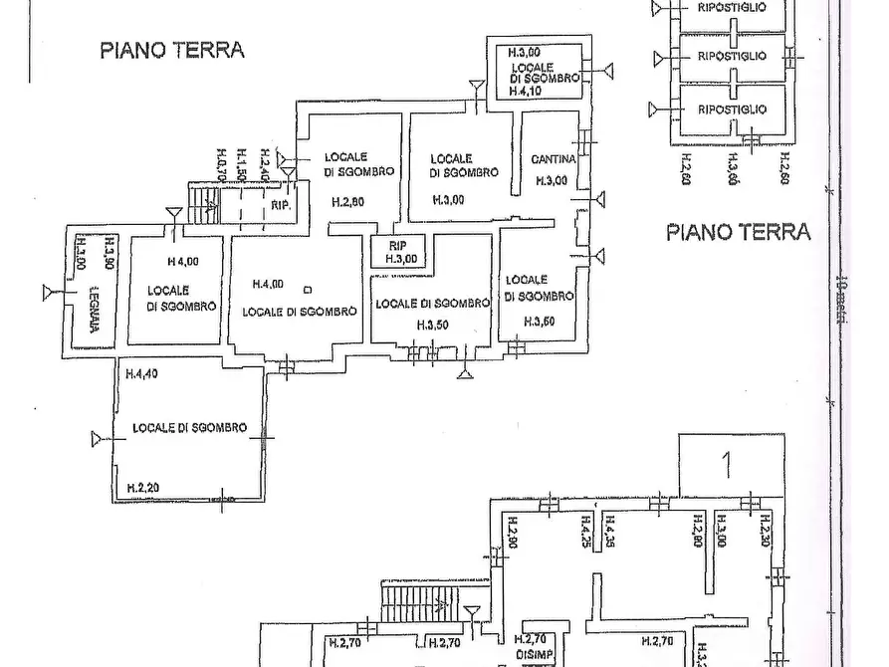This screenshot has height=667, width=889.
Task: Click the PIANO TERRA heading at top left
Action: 171,51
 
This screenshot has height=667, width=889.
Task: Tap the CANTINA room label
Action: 553,158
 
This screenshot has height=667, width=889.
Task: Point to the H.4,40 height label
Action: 142,374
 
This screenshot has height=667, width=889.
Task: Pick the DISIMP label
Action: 533,653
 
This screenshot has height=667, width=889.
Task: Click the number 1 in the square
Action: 728,464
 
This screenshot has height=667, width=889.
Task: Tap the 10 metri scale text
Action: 841,296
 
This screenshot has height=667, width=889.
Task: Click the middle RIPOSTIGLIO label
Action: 732,56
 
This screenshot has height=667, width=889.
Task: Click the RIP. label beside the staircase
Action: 280,206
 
